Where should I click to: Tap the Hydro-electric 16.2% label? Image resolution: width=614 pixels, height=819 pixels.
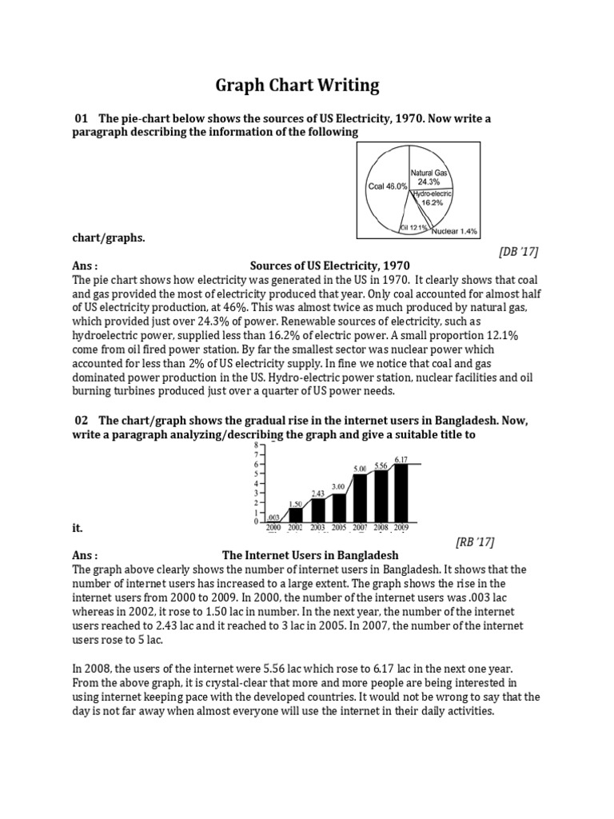[433, 198]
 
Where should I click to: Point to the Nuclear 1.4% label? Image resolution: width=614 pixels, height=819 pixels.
[455, 231]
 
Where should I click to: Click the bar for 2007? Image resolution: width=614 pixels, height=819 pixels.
[360, 497]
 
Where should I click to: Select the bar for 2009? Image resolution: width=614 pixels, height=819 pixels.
[401, 492]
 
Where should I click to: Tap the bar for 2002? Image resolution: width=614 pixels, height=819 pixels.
[296, 514]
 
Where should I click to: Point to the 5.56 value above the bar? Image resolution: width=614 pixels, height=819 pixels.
[381, 465]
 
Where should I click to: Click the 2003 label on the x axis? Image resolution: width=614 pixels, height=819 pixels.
[317, 529]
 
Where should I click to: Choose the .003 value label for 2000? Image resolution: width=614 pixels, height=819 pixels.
[274, 517]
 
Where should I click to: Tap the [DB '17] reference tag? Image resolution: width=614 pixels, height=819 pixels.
[518, 252]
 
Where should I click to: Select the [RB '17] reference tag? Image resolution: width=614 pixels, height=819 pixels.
[475, 542]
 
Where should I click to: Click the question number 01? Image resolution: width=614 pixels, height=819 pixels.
[80, 118]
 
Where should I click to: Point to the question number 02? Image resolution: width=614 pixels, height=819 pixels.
[80, 420]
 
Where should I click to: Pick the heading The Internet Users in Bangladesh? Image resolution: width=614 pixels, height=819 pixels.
[309, 555]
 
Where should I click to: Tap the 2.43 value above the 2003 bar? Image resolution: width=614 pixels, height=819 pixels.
[317, 493]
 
